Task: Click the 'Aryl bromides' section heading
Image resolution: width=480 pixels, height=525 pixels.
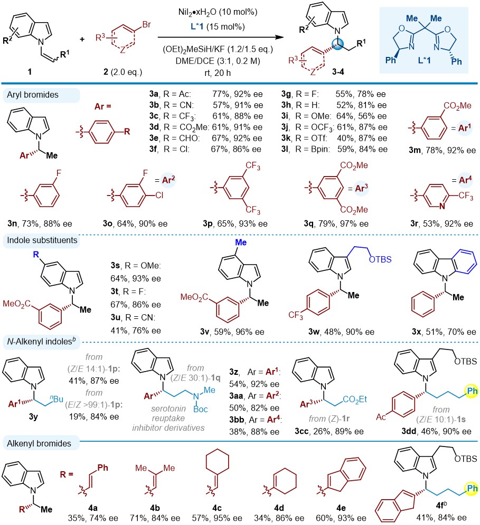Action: [30, 95]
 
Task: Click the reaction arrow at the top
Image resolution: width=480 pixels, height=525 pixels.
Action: [238, 37]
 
